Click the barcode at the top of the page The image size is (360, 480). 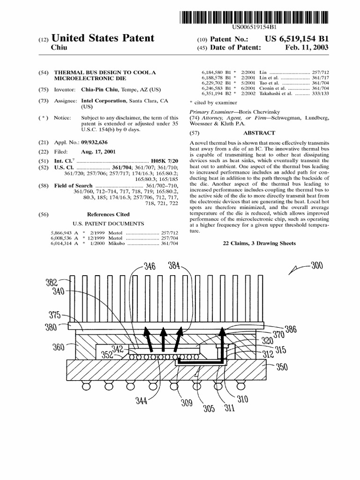point(254,18)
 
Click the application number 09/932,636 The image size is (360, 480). point(99,142)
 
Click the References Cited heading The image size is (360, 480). point(108,214)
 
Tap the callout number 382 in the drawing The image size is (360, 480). point(52,282)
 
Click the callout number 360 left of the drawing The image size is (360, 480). point(58,347)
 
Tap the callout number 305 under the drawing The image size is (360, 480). point(209,408)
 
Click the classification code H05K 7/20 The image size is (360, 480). point(165,161)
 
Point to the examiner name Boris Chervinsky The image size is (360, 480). point(255,112)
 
